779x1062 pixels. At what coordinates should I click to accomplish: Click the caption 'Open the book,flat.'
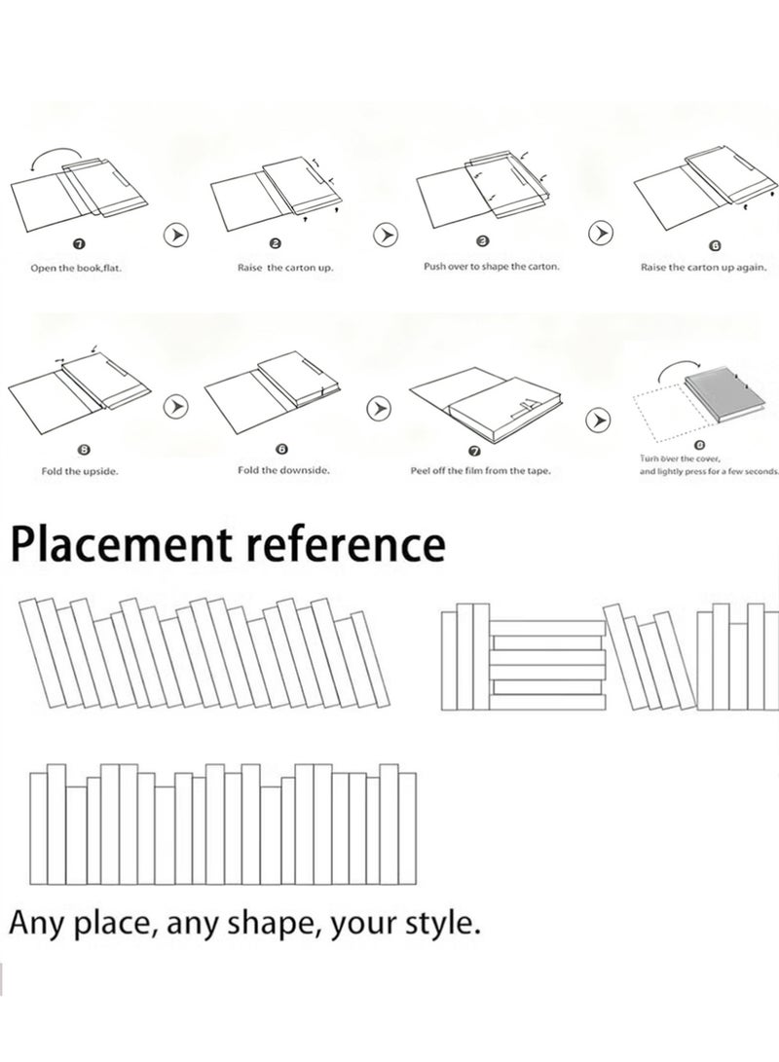tap(76, 269)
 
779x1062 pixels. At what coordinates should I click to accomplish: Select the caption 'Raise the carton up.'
tap(285, 268)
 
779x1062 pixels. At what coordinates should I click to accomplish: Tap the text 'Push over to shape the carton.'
tap(492, 266)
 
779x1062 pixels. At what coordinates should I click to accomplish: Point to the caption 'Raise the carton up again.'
tap(704, 267)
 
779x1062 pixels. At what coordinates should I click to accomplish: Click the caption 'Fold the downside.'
tap(283, 470)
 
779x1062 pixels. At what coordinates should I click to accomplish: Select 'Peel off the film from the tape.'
tap(480, 471)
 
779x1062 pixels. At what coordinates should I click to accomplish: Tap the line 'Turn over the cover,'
tap(680, 458)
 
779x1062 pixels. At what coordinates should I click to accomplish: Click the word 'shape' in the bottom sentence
tap(274, 923)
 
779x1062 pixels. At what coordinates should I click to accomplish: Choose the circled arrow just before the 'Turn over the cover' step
tap(598, 420)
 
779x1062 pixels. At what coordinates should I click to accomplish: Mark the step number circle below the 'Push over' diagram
tap(483, 241)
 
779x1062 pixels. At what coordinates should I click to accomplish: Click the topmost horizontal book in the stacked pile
tap(546, 628)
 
